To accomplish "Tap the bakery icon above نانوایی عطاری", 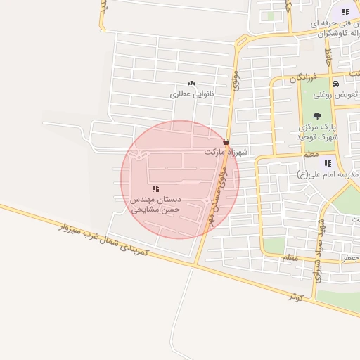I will coord(193,83).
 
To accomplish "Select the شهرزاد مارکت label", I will coord(222,152).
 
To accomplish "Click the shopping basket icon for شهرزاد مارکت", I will coord(226,141).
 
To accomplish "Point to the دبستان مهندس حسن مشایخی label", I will coord(155,205).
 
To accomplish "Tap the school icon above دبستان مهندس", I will coord(155,188).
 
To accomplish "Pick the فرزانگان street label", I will coord(304,77).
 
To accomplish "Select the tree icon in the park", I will coord(317,116).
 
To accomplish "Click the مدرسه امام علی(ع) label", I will coord(328,174).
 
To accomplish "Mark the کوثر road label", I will coord(296,296).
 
